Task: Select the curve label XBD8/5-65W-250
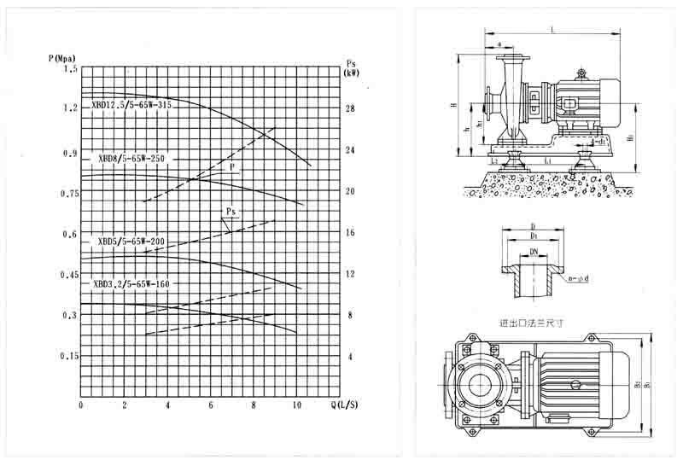(x=131, y=159)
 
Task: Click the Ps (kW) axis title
(x=351, y=69)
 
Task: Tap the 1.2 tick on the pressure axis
(x=69, y=108)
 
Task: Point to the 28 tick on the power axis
(x=349, y=108)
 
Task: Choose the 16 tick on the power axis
(x=349, y=232)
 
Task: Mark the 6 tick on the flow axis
(x=210, y=405)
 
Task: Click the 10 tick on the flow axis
(x=295, y=405)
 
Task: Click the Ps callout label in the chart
(x=231, y=211)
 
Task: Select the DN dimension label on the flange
(x=534, y=253)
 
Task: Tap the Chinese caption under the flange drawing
(x=531, y=324)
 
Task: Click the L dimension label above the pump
(x=552, y=30)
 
